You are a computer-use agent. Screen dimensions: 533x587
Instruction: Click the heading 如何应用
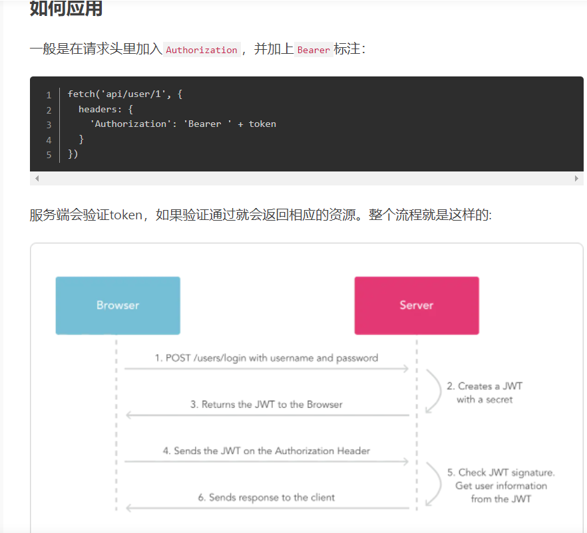click(66, 9)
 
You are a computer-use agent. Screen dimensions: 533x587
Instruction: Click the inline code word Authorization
click(202, 50)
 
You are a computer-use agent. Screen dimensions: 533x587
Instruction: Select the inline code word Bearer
click(313, 50)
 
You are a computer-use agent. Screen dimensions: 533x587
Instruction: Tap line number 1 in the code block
click(49, 95)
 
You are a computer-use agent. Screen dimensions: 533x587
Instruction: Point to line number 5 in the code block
click(49, 155)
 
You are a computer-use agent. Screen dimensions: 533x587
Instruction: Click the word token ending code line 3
click(262, 124)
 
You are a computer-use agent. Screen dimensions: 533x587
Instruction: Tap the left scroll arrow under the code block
click(37, 179)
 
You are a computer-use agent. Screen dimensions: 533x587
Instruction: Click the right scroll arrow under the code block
click(576, 179)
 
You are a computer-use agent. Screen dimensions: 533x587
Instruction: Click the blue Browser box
click(118, 306)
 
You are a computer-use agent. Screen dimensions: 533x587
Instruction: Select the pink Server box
click(417, 306)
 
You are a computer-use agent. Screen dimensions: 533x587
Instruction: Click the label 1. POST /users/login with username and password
click(266, 358)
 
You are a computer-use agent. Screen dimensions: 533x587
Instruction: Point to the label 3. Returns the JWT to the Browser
click(266, 404)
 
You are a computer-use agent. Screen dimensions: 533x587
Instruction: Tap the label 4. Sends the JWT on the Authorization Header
click(266, 451)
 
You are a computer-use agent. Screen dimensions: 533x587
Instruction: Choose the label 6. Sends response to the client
click(266, 497)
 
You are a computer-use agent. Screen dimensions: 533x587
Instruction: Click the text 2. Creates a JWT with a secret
click(485, 393)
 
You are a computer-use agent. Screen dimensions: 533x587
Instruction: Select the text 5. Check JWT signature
click(500, 473)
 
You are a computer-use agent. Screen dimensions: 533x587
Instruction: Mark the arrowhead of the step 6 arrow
click(129, 508)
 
